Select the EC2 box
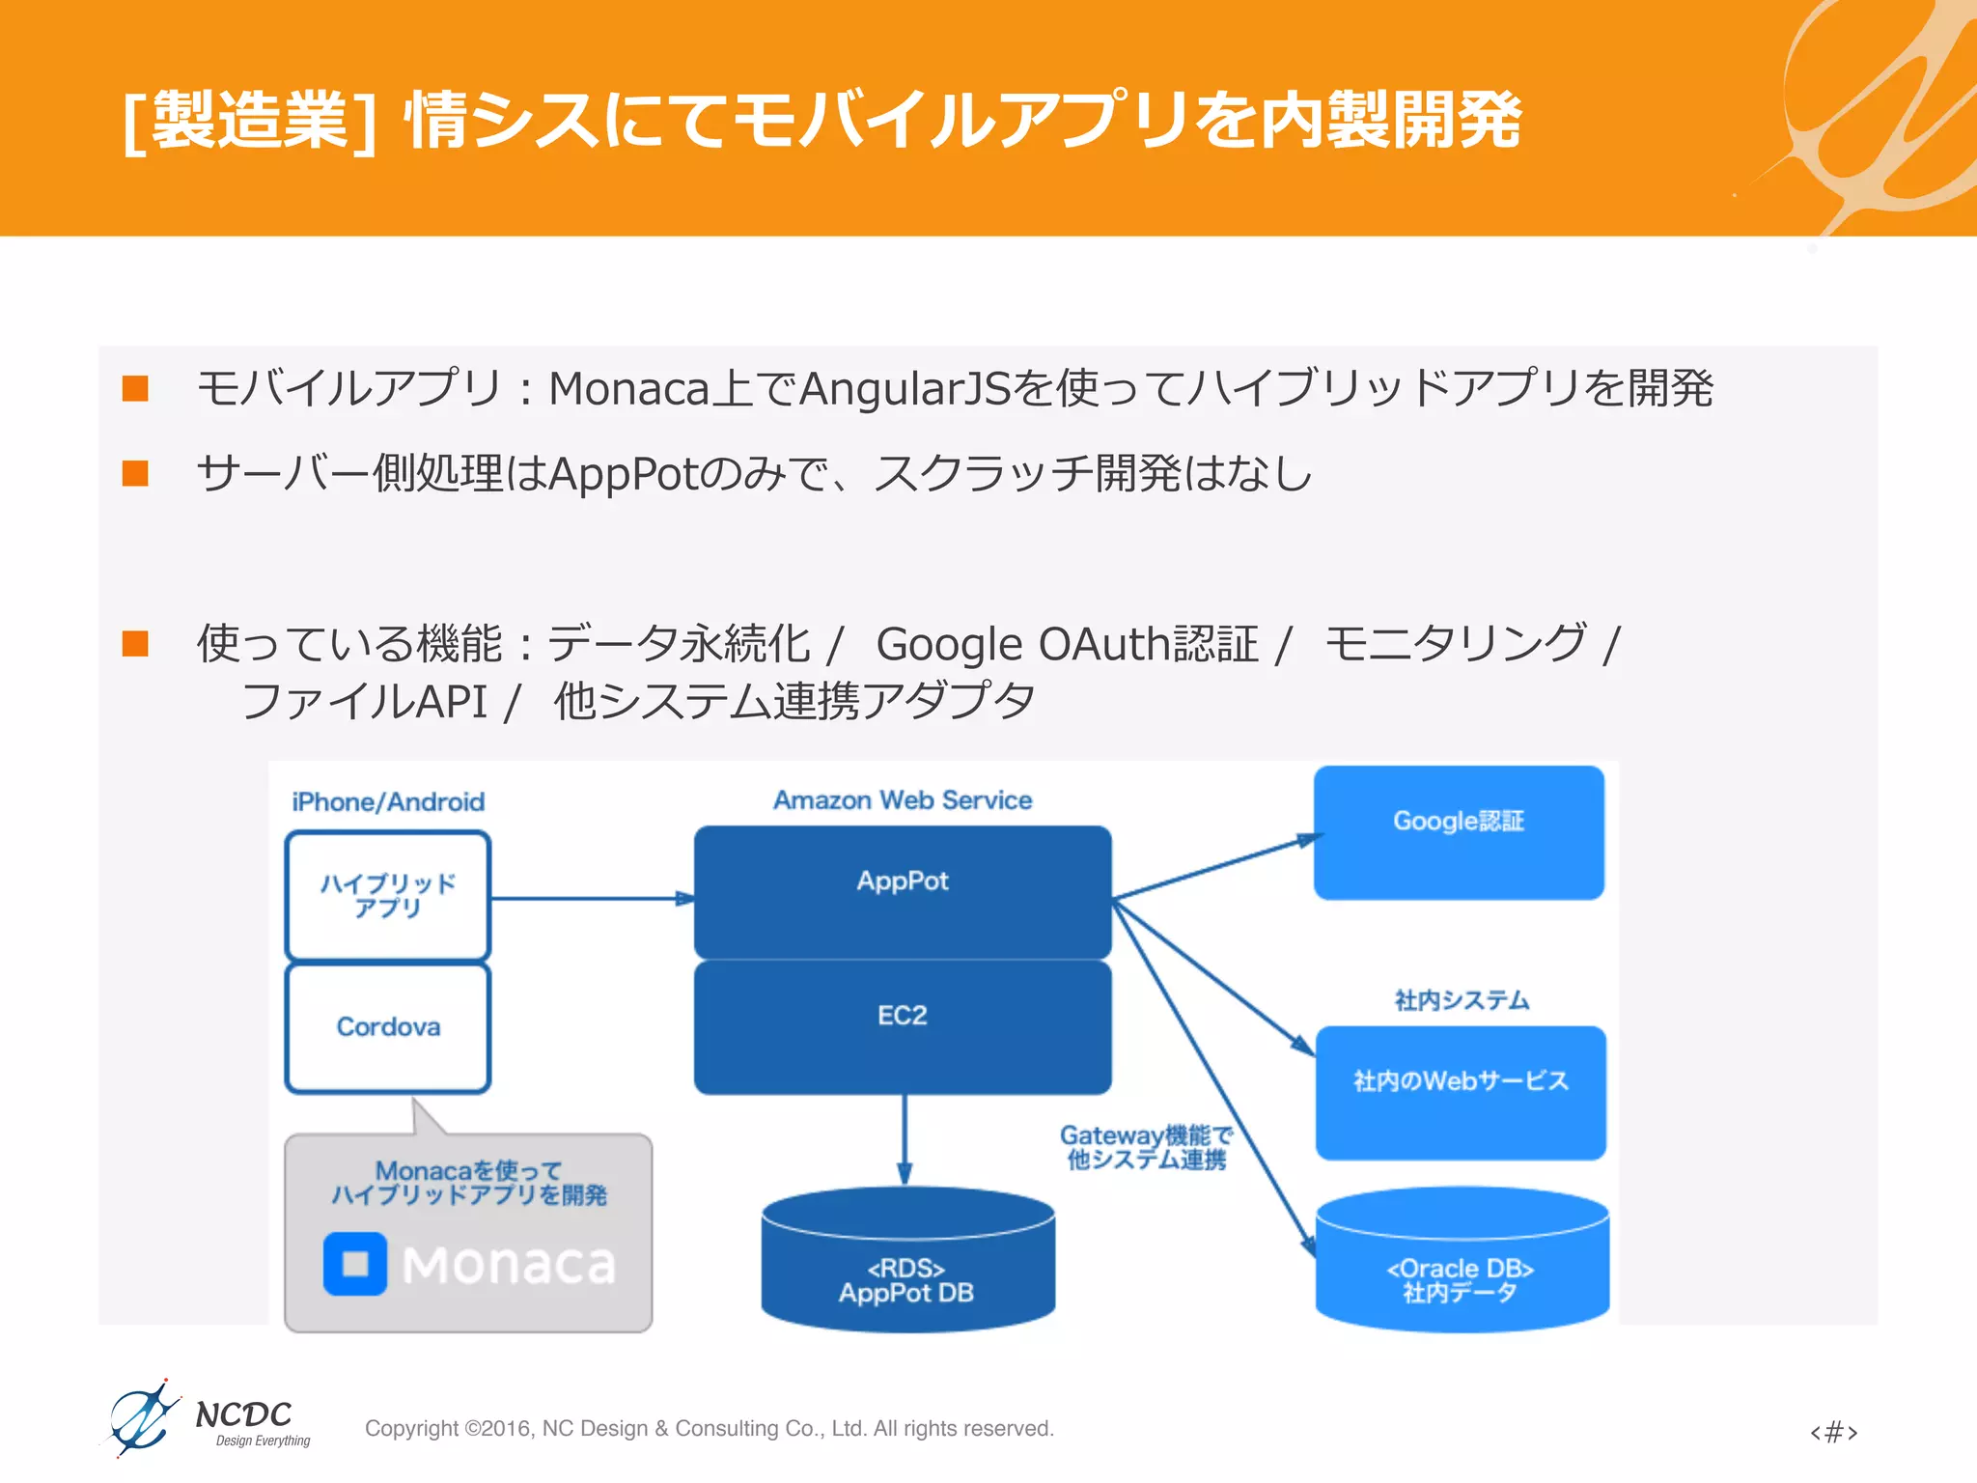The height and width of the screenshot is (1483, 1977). [x=903, y=1025]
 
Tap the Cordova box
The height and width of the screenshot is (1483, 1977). [x=388, y=1027]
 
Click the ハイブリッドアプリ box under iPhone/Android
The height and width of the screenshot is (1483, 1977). [x=388, y=895]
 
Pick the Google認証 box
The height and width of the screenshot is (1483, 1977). [x=1459, y=831]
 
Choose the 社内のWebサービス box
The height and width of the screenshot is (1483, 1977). [x=1461, y=1091]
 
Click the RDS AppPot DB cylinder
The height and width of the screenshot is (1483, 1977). [x=906, y=1265]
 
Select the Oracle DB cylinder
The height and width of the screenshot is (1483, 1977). [x=1462, y=1265]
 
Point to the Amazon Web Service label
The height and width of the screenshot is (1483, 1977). [x=903, y=800]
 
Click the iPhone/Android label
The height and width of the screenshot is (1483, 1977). [x=388, y=802]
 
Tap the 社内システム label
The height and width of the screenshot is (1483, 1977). [x=1462, y=1000]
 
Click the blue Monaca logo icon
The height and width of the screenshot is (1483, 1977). [x=355, y=1263]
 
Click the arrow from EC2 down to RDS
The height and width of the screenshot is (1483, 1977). [x=905, y=1139]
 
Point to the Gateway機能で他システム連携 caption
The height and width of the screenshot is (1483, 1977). [x=1146, y=1147]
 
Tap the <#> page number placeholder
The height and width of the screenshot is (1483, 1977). [x=1833, y=1431]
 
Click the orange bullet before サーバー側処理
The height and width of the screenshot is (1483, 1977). [x=135, y=473]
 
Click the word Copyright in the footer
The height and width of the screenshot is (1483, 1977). [x=411, y=1428]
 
